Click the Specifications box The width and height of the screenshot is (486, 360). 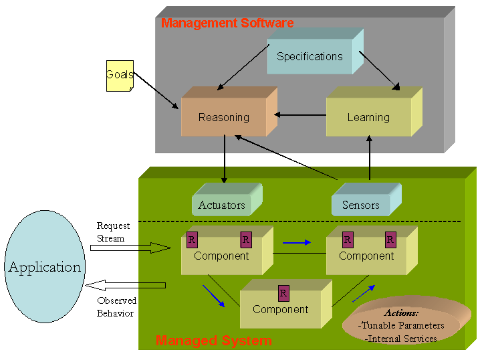(310, 57)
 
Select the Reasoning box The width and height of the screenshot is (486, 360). (224, 118)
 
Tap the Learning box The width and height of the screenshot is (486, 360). (368, 118)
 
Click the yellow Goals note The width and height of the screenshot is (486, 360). (119, 75)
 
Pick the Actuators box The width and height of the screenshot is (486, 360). (222, 205)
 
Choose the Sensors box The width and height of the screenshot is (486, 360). (361, 205)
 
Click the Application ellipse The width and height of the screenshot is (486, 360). (45, 268)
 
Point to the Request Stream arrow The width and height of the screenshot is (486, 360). (130, 248)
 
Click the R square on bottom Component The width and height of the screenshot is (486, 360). (283, 293)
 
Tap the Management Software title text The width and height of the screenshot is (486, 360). (227, 23)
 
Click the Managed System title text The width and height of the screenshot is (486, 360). (213, 341)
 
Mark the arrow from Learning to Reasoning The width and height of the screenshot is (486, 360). (300, 115)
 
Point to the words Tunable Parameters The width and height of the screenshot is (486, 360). (402, 326)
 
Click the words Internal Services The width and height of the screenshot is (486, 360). (401, 339)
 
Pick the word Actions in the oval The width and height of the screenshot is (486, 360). (401, 313)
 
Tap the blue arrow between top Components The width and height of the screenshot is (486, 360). (297, 242)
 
